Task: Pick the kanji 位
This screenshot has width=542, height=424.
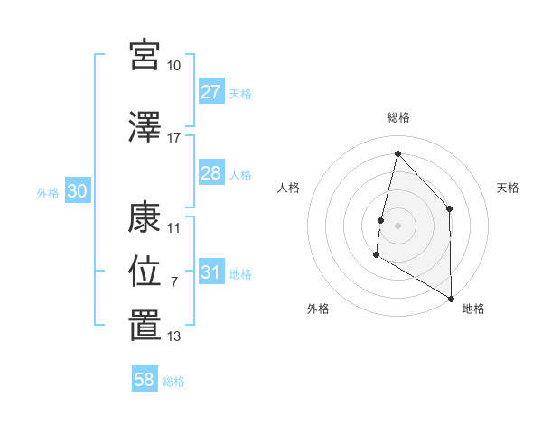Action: [x=145, y=271]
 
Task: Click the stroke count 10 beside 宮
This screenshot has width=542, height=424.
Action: [x=174, y=66]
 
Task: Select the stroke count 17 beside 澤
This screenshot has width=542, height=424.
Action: [x=174, y=138]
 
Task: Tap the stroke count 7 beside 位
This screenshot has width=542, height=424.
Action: [x=174, y=282]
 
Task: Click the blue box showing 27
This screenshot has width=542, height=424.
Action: [x=210, y=92]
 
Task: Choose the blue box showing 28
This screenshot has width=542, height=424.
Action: [x=210, y=173]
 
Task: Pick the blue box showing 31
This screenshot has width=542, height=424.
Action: [x=210, y=272]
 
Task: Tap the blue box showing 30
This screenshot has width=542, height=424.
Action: [x=77, y=191]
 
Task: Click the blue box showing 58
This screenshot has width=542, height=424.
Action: [x=145, y=381]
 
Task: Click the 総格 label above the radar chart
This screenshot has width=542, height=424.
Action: [x=397, y=117]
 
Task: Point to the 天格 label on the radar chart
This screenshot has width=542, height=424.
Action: [x=508, y=188]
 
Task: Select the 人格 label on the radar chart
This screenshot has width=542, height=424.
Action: [x=288, y=188]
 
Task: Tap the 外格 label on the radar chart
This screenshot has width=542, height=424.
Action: [x=317, y=309]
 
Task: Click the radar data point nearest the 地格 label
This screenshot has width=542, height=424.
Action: [x=451, y=298]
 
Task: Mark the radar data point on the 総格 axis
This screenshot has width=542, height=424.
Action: [x=397, y=153]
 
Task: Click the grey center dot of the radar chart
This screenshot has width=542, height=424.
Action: [x=397, y=226]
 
